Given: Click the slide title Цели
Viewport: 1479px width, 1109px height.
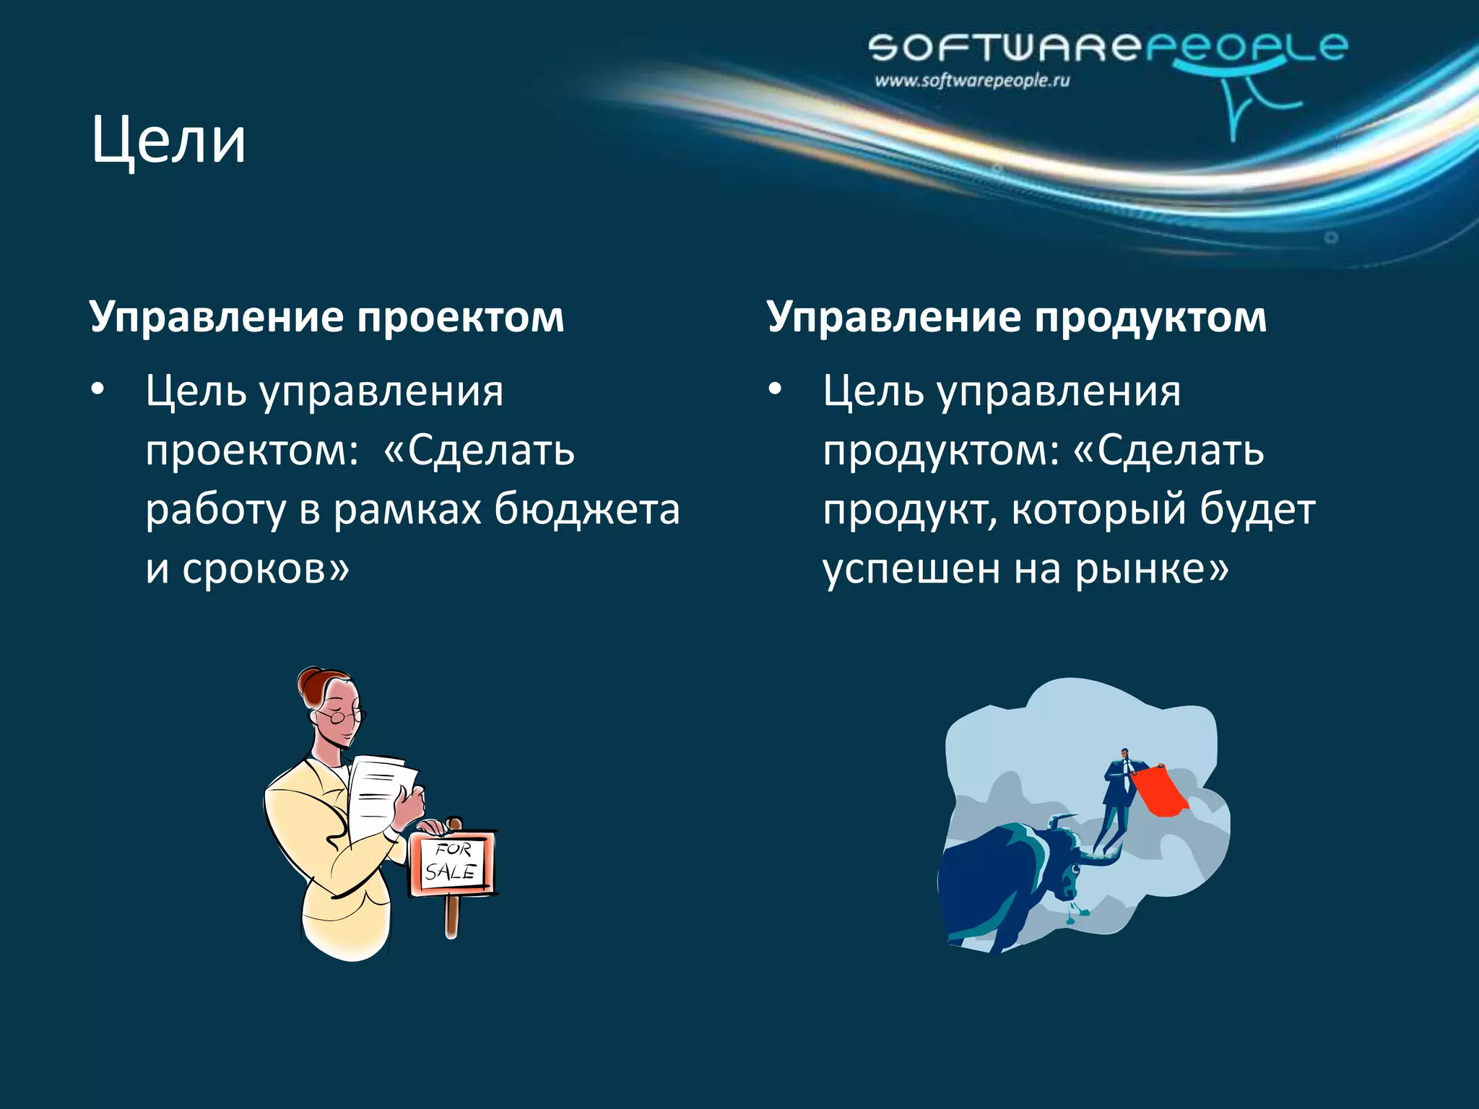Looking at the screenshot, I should (168, 142).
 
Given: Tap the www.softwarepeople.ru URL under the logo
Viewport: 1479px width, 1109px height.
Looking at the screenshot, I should (971, 81).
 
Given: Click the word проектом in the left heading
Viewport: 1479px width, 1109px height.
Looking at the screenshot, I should (460, 318).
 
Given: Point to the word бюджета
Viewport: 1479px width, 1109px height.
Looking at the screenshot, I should (586, 510).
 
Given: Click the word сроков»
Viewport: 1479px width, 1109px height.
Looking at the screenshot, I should (265, 569).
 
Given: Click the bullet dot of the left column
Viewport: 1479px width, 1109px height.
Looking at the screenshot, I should (97, 391).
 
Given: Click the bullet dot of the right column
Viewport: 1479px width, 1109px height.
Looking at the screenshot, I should (775, 391).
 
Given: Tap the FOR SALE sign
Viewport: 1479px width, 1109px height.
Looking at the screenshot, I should (451, 864).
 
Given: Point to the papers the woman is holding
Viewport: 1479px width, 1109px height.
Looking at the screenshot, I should (379, 794).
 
